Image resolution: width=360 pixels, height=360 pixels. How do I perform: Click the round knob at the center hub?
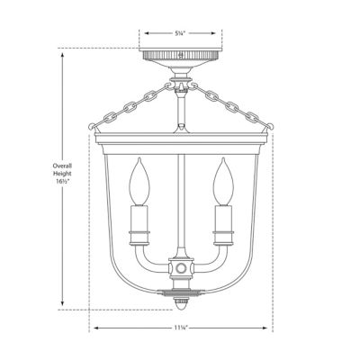[180, 268]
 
